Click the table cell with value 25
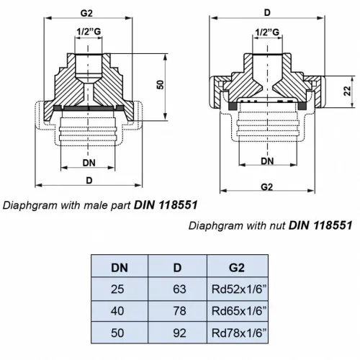tap(120, 289)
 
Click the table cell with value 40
tap(120, 310)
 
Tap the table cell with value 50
tap(120, 332)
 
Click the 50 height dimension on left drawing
tap(162, 84)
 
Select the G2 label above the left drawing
tap(87, 12)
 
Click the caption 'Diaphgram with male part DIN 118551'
tap(101, 204)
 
